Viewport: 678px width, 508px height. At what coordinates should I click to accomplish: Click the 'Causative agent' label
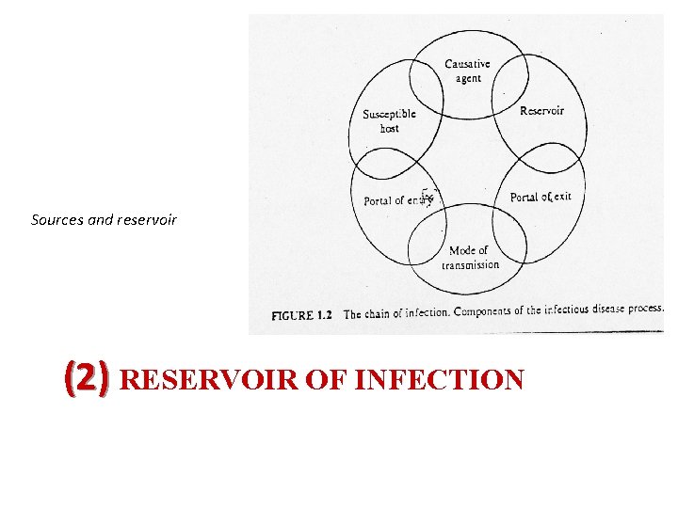click(467, 71)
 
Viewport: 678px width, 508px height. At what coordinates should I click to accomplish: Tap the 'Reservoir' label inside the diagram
click(541, 111)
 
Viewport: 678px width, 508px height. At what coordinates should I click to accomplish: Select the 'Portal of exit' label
click(541, 198)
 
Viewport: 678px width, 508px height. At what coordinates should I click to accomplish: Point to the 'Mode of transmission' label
click(470, 258)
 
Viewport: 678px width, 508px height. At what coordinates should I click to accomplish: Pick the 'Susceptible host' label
click(389, 120)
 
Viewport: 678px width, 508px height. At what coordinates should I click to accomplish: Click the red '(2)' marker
click(87, 379)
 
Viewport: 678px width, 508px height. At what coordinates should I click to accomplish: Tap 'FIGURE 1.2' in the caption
click(302, 315)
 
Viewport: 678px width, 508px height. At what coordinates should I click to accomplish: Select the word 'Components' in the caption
click(489, 311)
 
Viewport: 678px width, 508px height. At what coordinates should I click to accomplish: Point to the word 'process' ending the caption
click(646, 309)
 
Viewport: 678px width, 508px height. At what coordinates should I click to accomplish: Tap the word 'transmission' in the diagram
click(470, 265)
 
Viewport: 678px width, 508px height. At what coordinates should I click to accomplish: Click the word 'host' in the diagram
click(389, 128)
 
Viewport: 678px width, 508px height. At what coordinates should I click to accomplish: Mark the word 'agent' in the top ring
click(468, 79)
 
